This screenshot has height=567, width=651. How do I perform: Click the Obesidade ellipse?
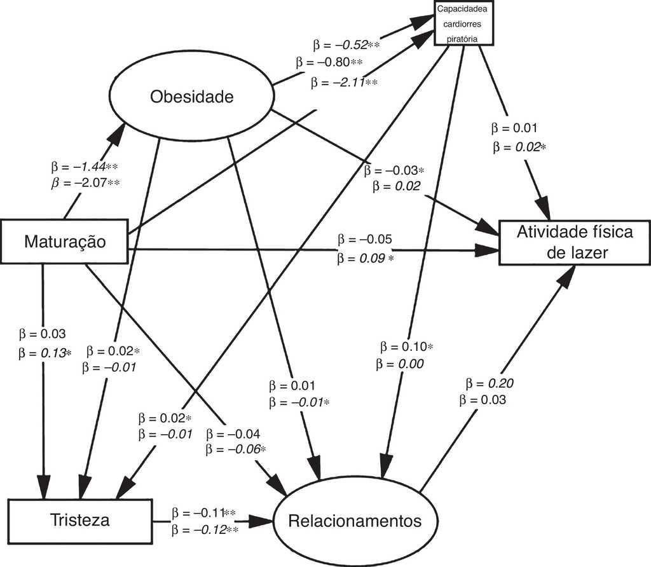click(x=192, y=97)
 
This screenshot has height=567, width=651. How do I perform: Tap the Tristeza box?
click(x=80, y=520)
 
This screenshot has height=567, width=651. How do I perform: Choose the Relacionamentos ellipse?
click(x=355, y=521)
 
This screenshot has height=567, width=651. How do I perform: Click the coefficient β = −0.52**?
click(x=346, y=45)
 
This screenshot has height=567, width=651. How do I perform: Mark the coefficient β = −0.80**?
click(x=329, y=63)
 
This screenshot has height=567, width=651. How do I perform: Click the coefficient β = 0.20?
click(x=489, y=383)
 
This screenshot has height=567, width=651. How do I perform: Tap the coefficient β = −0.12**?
click(x=203, y=529)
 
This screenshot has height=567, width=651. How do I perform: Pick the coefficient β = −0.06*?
click(x=235, y=449)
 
